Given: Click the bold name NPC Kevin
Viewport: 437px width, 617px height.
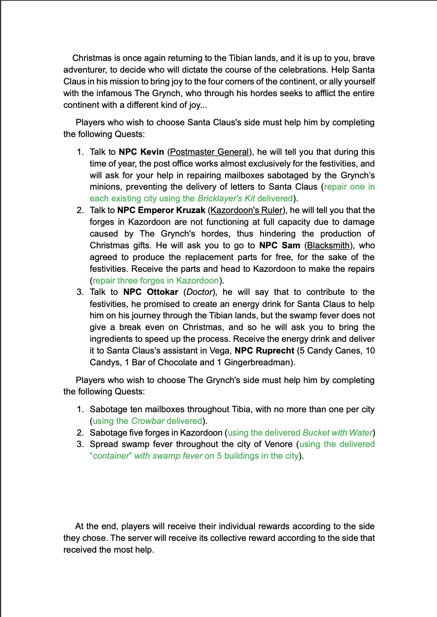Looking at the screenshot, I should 141,152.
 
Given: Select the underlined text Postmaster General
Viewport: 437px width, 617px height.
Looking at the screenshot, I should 209,152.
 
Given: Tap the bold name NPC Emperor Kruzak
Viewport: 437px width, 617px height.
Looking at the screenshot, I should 161,210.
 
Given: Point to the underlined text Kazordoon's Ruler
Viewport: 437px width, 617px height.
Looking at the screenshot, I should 247,210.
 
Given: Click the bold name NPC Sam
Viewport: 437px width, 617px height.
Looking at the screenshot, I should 279,245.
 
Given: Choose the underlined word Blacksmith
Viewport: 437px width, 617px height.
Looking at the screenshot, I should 328,245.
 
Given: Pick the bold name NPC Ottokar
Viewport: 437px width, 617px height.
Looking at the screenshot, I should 151,292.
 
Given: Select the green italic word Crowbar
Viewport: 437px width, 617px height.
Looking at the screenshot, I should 148,421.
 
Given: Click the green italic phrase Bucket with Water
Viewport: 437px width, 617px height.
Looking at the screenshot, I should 338,433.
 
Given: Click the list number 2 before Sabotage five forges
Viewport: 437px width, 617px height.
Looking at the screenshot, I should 80,433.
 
